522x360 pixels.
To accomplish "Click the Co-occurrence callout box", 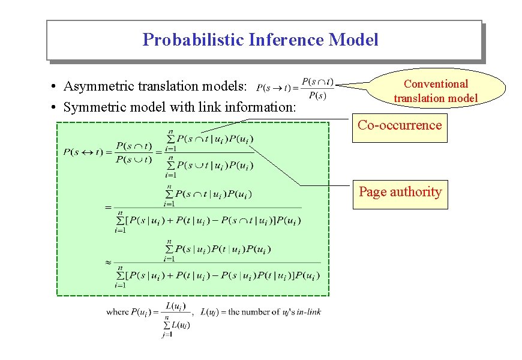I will click(400, 126).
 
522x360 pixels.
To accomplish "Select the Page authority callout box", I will click(400, 193).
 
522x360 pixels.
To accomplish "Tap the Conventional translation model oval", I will click(436, 91).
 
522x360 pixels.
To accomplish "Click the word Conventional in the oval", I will click(436, 84).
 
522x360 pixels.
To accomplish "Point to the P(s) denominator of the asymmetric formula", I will click(318, 95).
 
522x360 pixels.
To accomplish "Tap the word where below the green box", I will click(117, 312).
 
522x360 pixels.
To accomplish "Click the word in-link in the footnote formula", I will click(307, 312).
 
